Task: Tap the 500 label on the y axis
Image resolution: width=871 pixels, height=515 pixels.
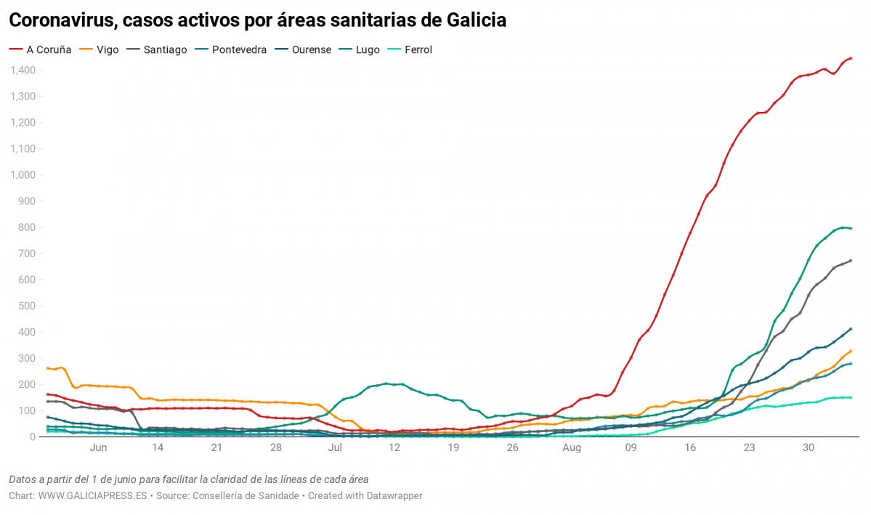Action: tap(27, 306)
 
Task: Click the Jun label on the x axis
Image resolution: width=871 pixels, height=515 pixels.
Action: tap(98, 448)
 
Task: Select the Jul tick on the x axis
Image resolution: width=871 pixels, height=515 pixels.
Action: tap(335, 448)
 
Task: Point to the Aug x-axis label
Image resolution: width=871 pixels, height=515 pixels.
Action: tap(572, 448)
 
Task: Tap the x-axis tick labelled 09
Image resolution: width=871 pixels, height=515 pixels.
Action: tap(631, 448)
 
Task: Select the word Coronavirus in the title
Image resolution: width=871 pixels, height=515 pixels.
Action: tap(63, 20)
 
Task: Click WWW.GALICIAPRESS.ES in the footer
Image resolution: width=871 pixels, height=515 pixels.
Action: tap(92, 495)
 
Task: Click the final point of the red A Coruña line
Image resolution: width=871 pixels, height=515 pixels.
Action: tap(851, 58)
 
